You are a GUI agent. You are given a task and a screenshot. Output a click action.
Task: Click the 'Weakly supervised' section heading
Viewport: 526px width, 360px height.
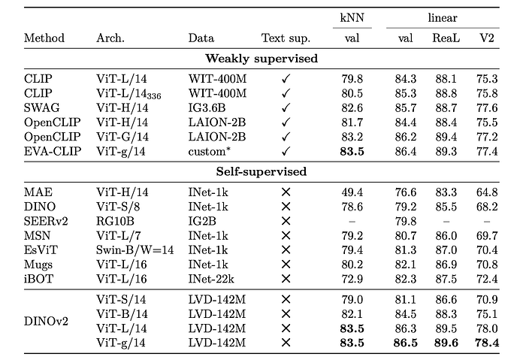[x=261, y=59]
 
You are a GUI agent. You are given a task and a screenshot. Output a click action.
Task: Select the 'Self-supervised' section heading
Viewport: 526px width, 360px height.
[x=261, y=172]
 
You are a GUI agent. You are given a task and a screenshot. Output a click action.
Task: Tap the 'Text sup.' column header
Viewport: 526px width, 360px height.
[x=286, y=38]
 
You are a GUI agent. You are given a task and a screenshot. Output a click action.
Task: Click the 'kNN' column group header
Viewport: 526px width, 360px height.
[x=352, y=17]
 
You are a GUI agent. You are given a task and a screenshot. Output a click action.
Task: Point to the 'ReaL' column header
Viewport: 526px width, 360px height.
[x=446, y=38]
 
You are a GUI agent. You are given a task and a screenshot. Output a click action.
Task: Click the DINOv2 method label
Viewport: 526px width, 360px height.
[x=46, y=321]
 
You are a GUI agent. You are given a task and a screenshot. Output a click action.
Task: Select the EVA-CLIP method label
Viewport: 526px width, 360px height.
[x=53, y=151]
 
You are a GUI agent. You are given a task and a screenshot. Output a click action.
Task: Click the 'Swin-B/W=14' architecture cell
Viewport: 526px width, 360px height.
[x=135, y=250]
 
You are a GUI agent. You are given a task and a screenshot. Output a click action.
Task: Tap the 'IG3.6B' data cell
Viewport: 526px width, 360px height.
[x=207, y=107]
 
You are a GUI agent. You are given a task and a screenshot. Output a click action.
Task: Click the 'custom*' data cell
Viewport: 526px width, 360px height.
[x=210, y=152]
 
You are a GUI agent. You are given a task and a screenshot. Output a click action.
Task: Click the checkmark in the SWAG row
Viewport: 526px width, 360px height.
[x=286, y=107]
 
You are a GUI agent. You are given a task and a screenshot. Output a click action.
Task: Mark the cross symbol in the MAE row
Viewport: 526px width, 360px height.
[x=286, y=192]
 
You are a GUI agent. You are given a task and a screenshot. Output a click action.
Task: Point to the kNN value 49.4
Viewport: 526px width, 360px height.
[x=352, y=192]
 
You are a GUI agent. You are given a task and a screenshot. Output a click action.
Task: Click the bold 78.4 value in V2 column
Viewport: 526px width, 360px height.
[x=487, y=343]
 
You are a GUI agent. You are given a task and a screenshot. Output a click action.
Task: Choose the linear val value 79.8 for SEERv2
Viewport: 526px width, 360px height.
[x=406, y=221]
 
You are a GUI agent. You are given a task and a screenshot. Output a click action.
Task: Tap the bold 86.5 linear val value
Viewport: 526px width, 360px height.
[x=406, y=343]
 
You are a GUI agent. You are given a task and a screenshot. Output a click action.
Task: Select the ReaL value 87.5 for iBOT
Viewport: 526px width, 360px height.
[x=446, y=279]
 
